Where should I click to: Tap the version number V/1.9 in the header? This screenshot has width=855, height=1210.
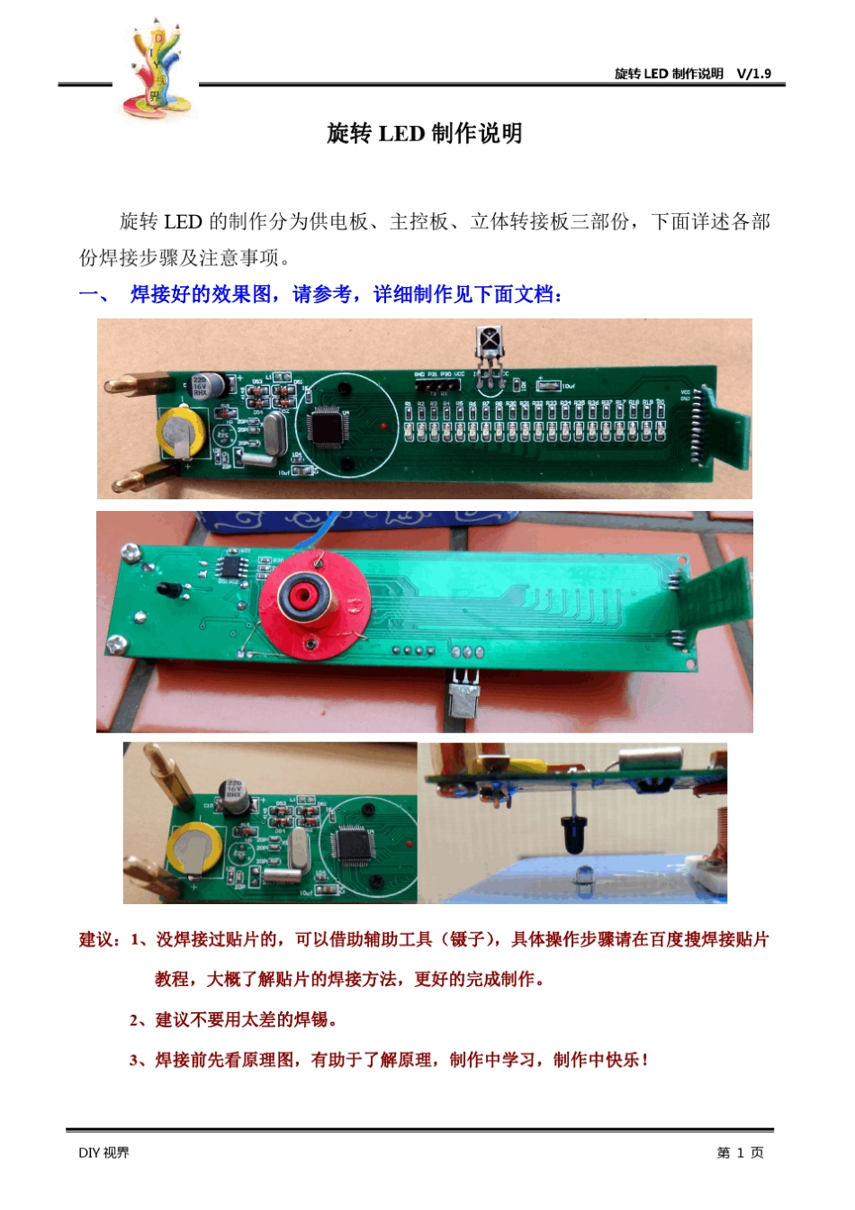pos(753,74)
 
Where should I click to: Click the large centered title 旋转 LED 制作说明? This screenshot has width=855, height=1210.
pos(425,134)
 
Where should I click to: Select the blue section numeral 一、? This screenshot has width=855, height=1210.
pos(93,294)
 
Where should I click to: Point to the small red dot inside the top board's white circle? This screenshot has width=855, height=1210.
pos(383,425)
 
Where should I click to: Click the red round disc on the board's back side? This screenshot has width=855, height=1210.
pos(313,601)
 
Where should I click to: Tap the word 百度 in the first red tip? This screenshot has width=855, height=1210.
pos(666,940)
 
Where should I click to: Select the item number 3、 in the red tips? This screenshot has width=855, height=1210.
pos(140,1060)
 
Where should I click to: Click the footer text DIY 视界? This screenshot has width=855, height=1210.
pos(103,1152)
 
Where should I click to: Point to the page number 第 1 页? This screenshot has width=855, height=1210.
pos(740,1152)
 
